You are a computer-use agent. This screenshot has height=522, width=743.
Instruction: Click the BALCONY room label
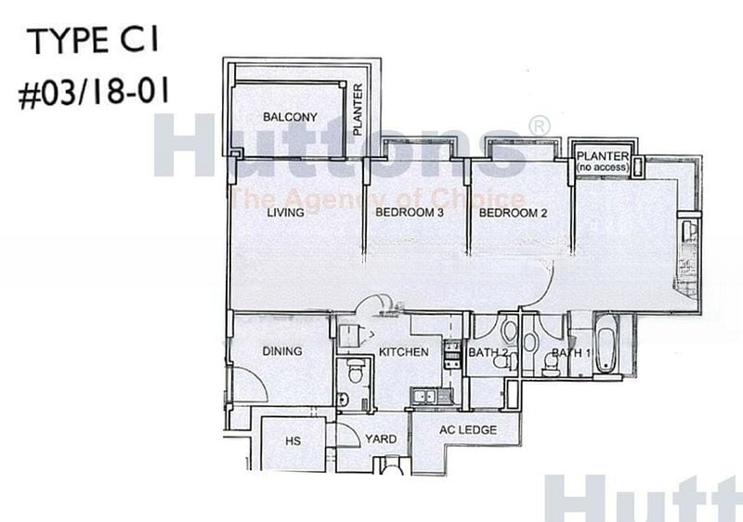pyautogui.click(x=290, y=116)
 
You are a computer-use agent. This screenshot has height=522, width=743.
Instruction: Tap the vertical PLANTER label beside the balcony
pyautogui.click(x=358, y=110)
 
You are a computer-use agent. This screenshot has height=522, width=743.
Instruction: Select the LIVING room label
pyautogui.click(x=285, y=212)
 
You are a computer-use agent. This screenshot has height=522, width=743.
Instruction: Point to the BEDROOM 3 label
pyautogui.click(x=410, y=212)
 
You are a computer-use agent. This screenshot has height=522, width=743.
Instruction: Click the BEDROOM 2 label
pyautogui.click(x=513, y=213)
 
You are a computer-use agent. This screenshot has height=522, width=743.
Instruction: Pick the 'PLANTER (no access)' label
pyautogui.click(x=603, y=162)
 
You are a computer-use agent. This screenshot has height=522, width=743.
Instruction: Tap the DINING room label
pyautogui.click(x=282, y=351)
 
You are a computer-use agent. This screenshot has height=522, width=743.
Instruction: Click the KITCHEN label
pyautogui.click(x=404, y=352)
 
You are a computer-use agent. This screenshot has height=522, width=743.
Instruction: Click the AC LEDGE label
pyautogui.click(x=468, y=430)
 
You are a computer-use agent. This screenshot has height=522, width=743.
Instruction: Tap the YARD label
pyautogui.click(x=381, y=439)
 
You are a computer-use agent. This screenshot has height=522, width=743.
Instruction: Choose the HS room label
pyautogui.click(x=293, y=441)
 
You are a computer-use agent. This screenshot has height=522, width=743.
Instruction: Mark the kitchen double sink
pyautogui.click(x=425, y=396)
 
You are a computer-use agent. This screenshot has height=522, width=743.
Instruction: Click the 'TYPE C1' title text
pyautogui.click(x=94, y=40)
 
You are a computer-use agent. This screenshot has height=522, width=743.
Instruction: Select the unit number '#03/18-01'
pyautogui.click(x=94, y=92)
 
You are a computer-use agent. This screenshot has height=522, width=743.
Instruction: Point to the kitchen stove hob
pyautogui.click(x=452, y=354)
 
